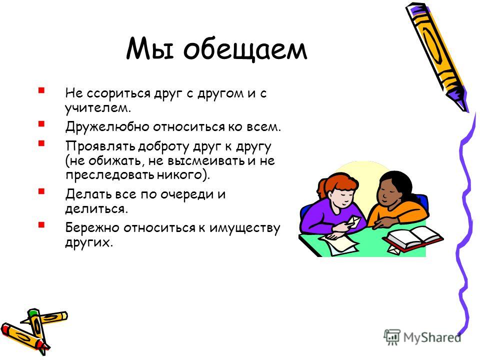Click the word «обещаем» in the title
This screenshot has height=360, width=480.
click(x=245, y=49)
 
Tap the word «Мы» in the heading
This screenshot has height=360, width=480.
click(x=150, y=49)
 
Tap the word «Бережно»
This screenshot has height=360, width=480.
click(x=92, y=228)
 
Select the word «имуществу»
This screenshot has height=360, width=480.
click(x=244, y=228)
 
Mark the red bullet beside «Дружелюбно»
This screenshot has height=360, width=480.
click(x=41, y=123)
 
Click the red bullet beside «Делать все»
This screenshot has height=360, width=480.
click(x=41, y=191)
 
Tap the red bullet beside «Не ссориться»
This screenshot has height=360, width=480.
click(x=41, y=90)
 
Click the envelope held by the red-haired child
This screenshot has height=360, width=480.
click(x=351, y=222)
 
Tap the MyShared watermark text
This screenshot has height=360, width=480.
click(x=432, y=337)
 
